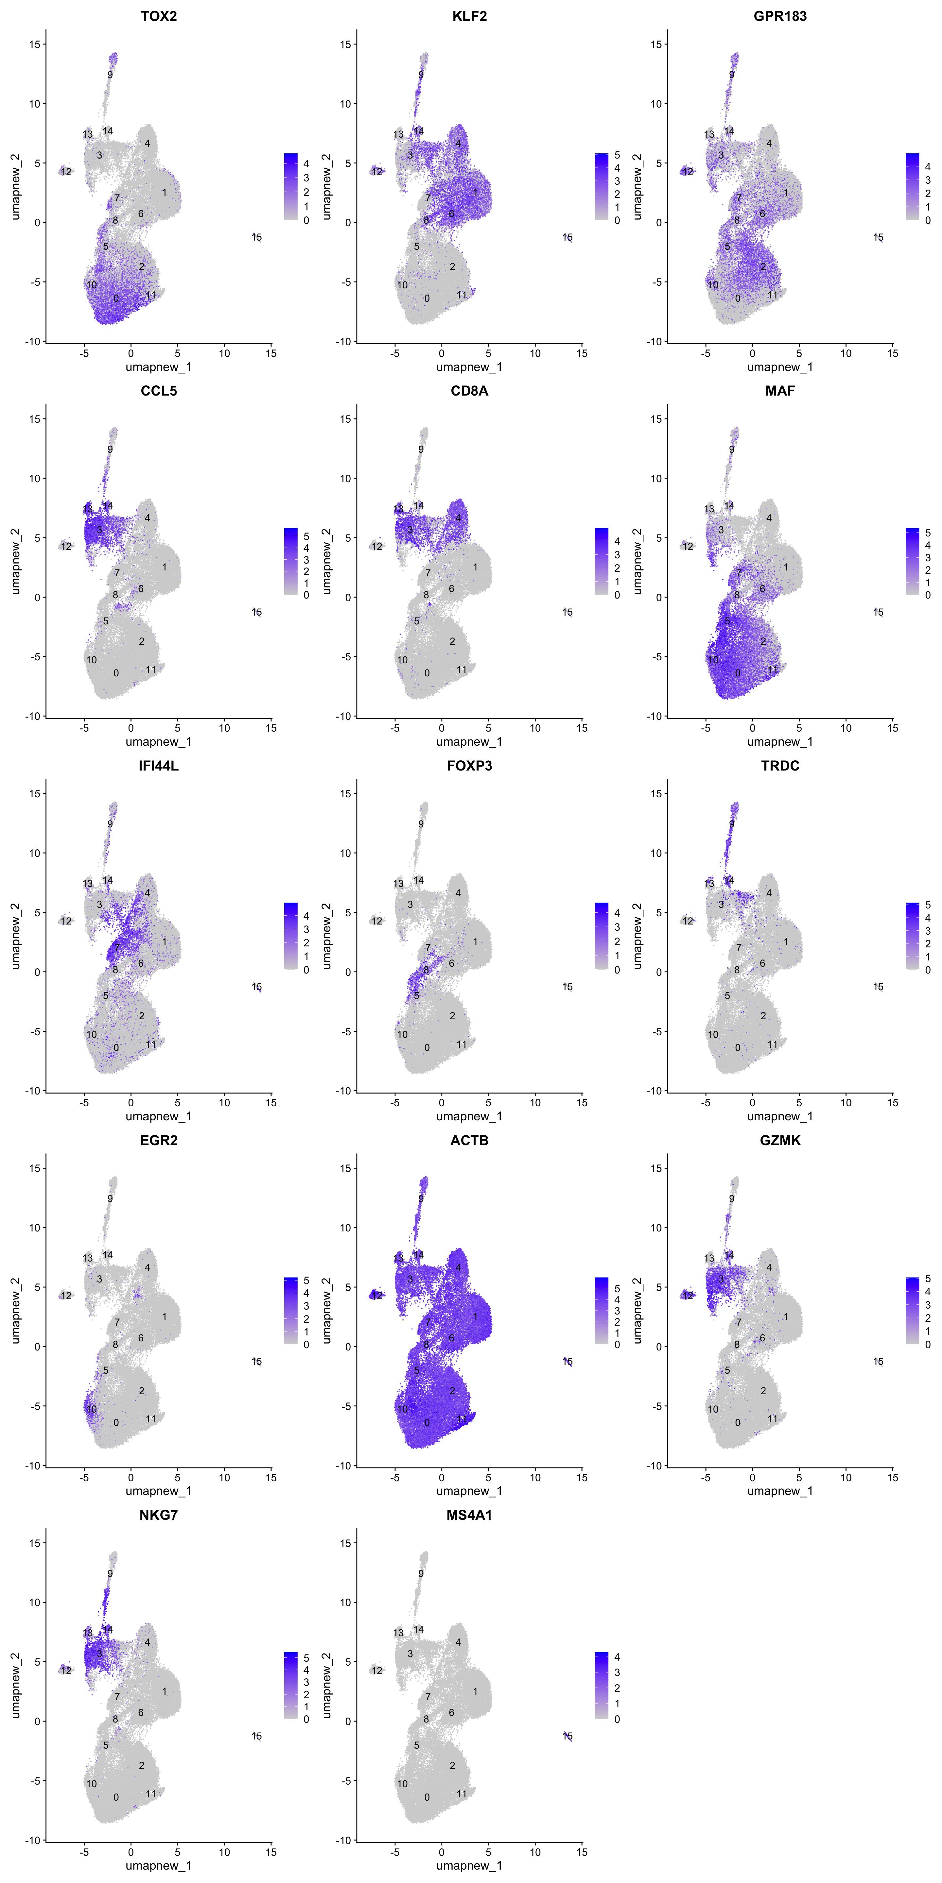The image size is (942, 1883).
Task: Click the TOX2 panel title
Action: coord(159,16)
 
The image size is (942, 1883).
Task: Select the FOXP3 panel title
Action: coord(470,765)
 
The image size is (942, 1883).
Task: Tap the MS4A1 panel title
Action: coord(470,1515)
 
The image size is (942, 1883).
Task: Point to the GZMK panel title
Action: coord(780,1140)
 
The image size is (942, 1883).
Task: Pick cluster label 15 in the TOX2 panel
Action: coord(257,238)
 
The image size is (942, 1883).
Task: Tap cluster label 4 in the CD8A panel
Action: coord(459,518)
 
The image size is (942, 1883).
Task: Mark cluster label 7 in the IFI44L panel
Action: coord(117,947)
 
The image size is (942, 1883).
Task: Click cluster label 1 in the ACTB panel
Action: coord(475,1316)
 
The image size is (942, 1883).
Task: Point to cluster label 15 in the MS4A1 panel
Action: coord(567,1736)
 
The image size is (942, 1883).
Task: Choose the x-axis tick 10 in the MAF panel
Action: coord(846,728)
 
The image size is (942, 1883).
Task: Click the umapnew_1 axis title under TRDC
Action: coord(780,1116)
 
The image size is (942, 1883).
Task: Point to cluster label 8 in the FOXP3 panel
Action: coord(427,970)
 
